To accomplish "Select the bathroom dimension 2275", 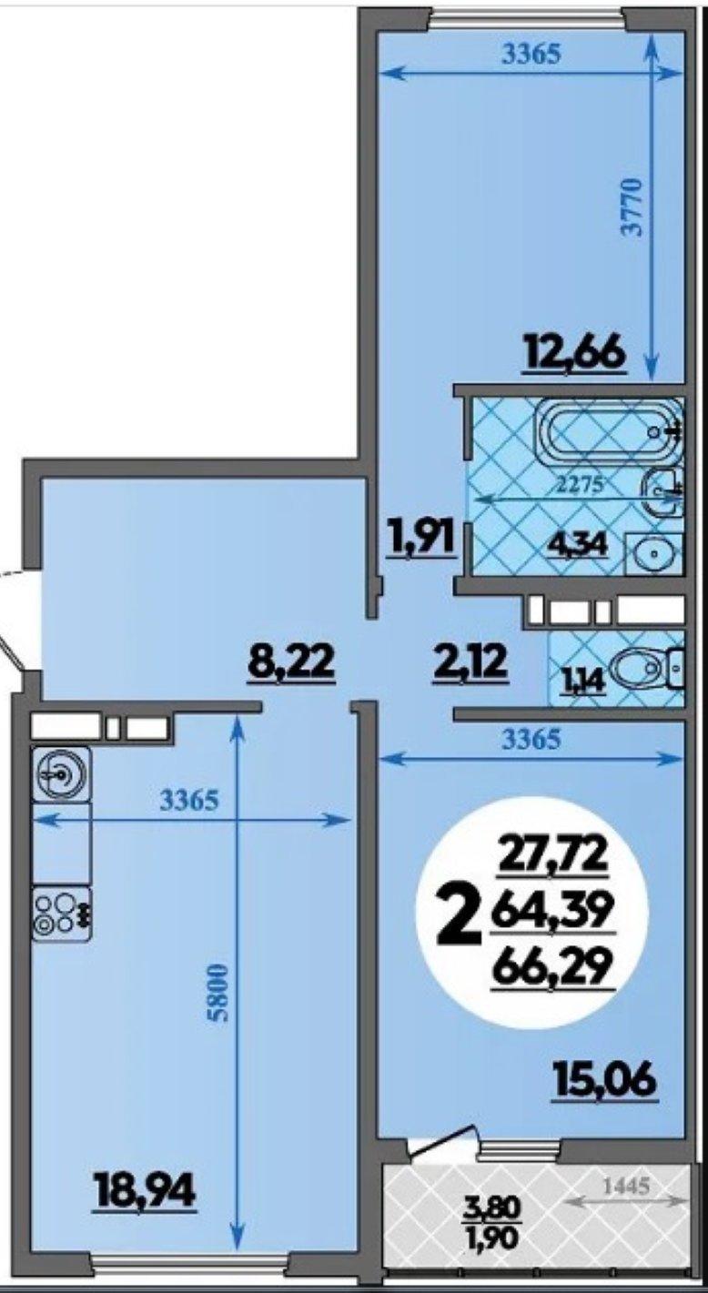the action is pyautogui.click(x=579, y=484).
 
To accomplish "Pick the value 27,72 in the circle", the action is pyautogui.click(x=554, y=858).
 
